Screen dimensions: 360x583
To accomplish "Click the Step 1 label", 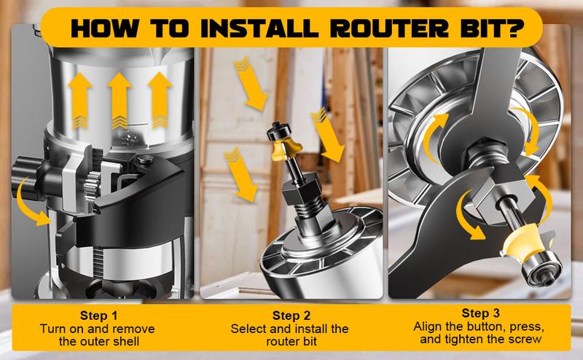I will coord(98,316).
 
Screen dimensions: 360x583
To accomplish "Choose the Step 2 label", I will coord(291,316).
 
